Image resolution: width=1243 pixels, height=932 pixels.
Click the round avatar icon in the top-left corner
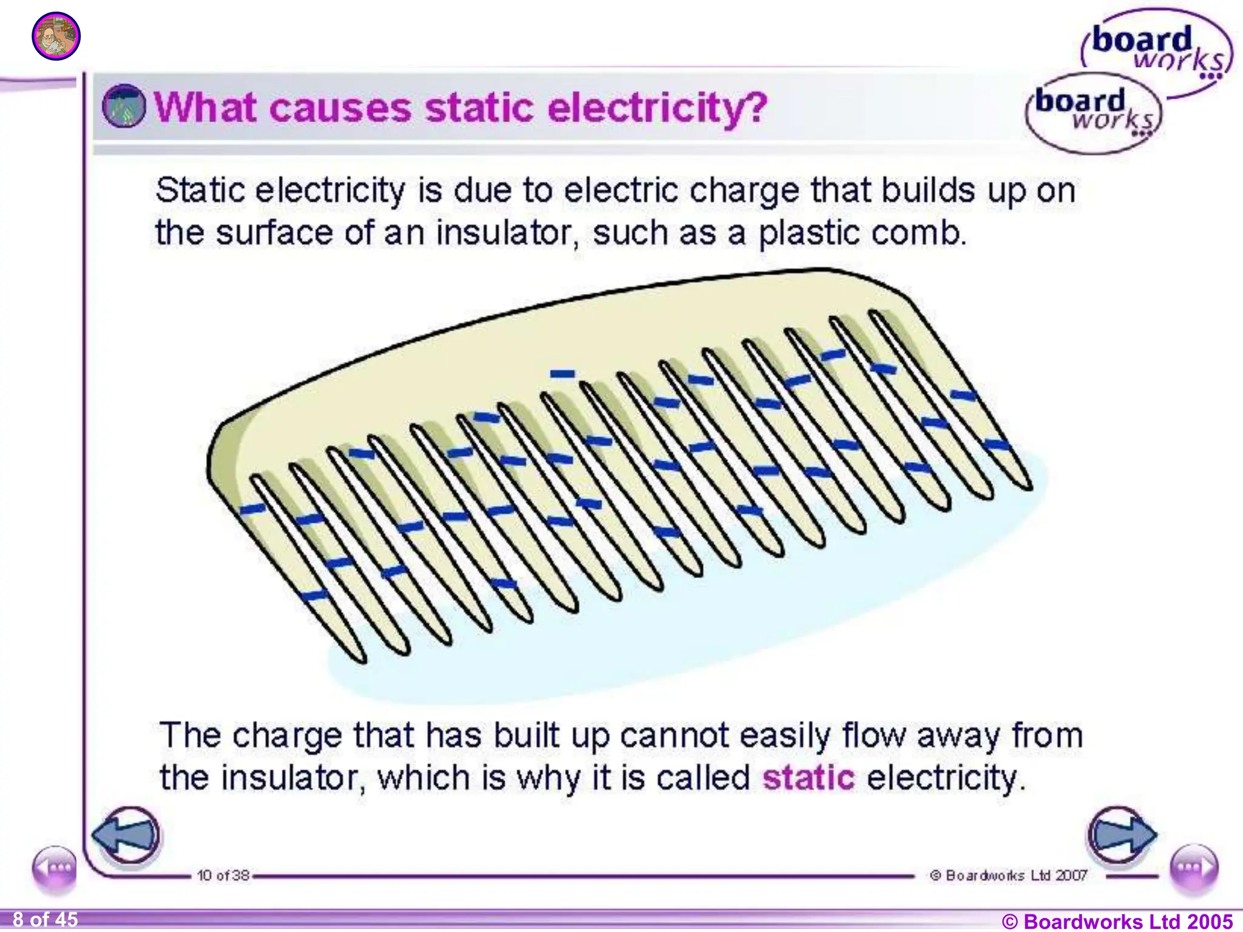tap(56, 36)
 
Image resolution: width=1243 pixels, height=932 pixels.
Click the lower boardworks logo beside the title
tap(1093, 112)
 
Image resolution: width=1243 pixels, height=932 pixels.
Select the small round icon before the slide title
tap(124, 106)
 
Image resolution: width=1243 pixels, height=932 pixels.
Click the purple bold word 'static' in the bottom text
tap(808, 777)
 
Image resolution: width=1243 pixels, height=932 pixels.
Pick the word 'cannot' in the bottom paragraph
tap(674, 735)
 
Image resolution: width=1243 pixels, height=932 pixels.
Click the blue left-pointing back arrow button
tap(126, 835)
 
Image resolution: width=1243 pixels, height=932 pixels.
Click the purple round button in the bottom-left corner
tap(55, 868)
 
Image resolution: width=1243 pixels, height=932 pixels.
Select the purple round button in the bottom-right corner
tap(1193, 868)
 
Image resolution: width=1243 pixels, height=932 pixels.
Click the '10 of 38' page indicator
tap(223, 876)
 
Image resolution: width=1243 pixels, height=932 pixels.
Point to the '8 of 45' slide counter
tap(45, 920)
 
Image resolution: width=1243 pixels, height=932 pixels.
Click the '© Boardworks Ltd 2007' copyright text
tap(1008, 876)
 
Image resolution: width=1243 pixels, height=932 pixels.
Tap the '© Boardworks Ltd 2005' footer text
tap(1117, 921)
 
